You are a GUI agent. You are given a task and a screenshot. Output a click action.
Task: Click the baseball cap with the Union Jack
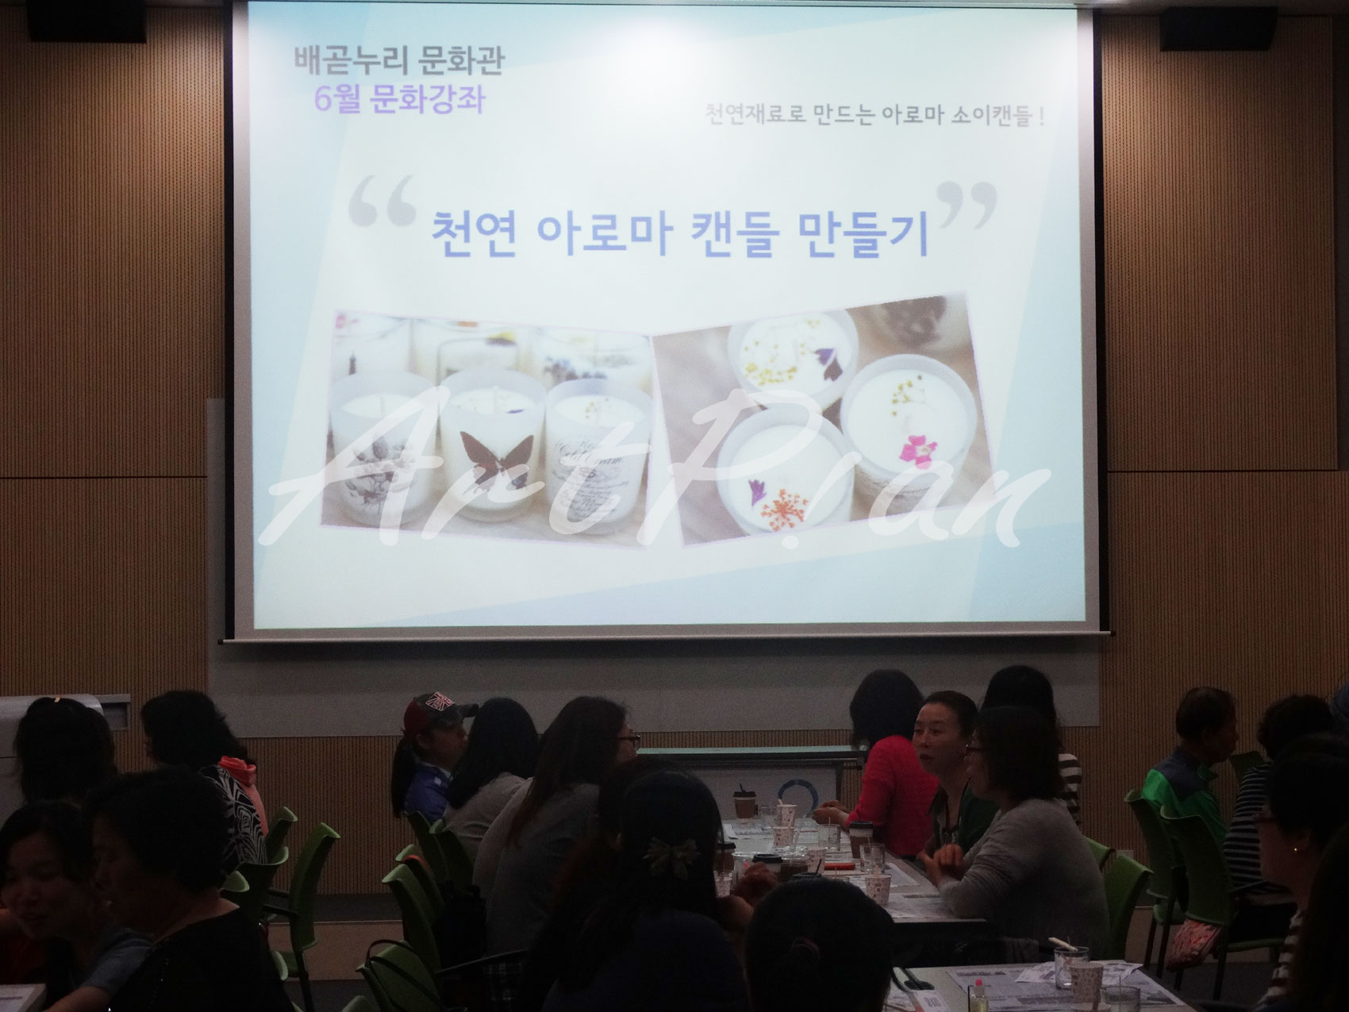[x=436, y=710]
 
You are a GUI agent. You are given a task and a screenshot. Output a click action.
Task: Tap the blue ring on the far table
[x=794, y=794]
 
